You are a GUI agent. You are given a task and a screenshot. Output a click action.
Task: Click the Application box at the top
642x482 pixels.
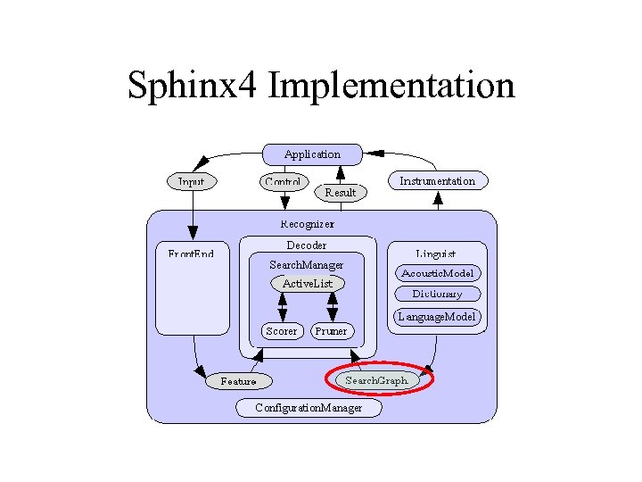coord(312,154)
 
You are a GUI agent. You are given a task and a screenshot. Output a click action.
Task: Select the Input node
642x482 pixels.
coord(191,181)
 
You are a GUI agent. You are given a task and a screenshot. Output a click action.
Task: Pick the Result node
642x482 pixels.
coord(340,192)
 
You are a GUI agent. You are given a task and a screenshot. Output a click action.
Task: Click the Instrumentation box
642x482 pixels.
coord(438,181)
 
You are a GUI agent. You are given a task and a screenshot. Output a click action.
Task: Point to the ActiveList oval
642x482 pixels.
coord(308,284)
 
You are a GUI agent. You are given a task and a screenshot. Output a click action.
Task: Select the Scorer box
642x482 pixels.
coord(282,331)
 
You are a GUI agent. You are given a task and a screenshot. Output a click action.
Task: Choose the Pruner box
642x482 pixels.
coord(332,331)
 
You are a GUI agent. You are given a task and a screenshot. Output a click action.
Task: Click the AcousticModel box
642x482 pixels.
coord(438,273)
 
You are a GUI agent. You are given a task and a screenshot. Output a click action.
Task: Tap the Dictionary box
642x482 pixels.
coord(438,294)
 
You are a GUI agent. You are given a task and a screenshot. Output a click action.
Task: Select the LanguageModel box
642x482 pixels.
coord(438,317)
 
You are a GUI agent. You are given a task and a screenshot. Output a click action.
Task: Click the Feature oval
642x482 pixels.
coord(238,381)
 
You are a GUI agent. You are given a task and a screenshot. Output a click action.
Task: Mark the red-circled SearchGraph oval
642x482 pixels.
coord(377,380)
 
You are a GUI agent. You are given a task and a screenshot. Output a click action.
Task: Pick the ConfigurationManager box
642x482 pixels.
coord(309,408)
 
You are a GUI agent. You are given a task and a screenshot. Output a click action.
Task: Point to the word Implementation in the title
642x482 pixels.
coord(391,86)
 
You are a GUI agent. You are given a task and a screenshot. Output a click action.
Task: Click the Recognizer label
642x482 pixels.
coord(308,224)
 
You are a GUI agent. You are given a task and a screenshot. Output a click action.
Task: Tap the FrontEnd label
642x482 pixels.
coord(192,253)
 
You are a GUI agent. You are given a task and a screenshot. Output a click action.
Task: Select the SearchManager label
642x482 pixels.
coord(307,265)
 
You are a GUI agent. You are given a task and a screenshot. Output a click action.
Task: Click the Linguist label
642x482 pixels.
coord(436,253)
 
